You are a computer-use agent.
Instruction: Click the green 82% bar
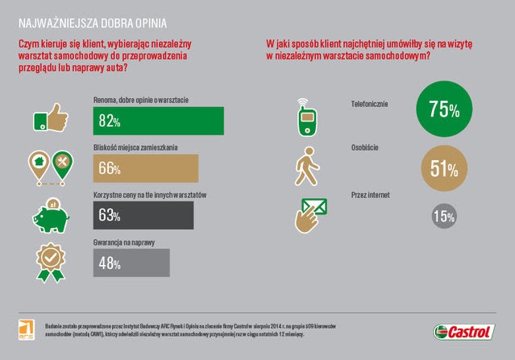click(x=158, y=121)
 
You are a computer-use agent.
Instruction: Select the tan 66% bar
click(x=146, y=168)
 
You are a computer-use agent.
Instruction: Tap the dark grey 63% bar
click(x=143, y=215)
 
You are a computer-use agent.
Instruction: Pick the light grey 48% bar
click(x=131, y=263)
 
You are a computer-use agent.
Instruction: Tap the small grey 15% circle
click(x=442, y=216)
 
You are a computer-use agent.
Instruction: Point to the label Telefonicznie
click(x=372, y=104)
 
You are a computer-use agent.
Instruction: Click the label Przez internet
click(x=372, y=192)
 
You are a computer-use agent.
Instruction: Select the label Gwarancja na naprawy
click(x=124, y=242)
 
